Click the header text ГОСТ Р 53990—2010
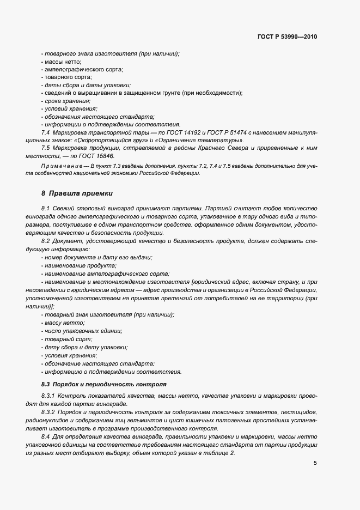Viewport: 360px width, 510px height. [286, 37]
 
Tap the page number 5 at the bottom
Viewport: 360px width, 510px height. [315, 464]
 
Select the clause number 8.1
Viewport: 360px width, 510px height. [45, 209]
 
